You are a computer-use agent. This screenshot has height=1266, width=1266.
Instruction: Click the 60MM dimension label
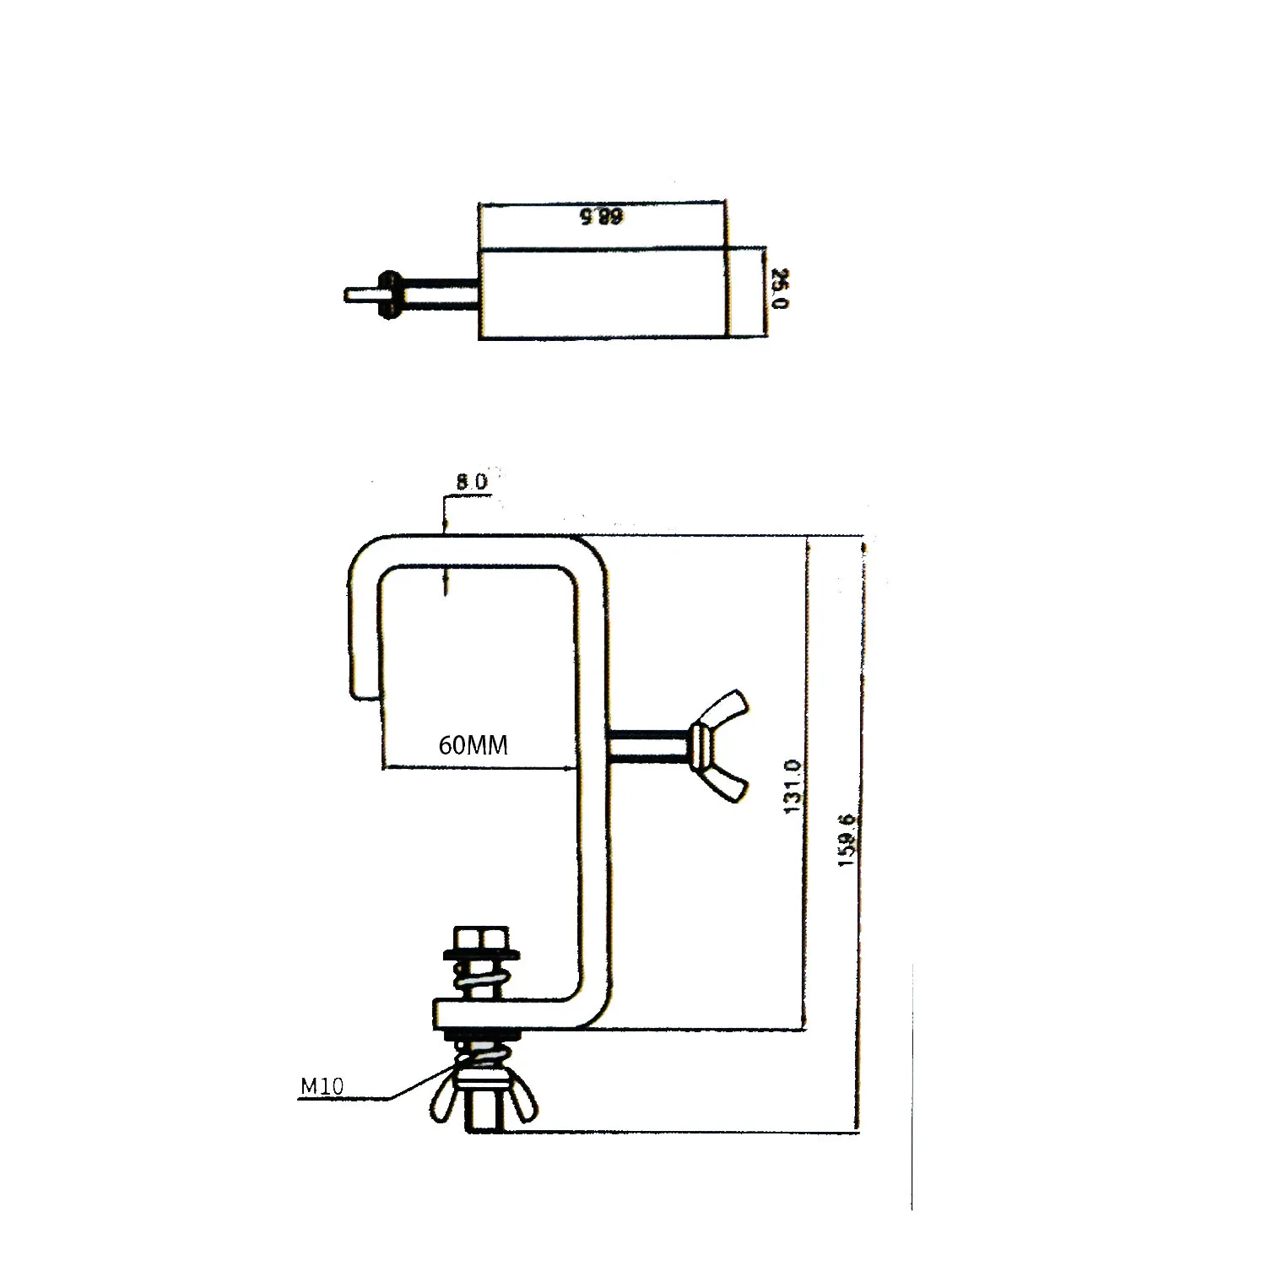[473, 745]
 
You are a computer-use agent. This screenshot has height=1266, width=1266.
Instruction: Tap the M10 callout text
[322, 1086]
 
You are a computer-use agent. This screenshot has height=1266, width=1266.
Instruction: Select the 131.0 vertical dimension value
[793, 786]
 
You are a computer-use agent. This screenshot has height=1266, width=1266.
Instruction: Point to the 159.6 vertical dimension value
[849, 839]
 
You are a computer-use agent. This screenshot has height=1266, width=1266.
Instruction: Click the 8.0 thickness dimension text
[472, 482]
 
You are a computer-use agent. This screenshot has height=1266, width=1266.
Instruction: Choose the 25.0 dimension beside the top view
[781, 289]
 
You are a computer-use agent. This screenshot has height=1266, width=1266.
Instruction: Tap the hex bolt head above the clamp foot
[481, 938]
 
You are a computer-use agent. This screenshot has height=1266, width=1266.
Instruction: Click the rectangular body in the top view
[602, 294]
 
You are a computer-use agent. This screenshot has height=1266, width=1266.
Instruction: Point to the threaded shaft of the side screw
[647, 748]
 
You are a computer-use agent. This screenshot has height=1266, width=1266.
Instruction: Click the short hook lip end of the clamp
[364, 667]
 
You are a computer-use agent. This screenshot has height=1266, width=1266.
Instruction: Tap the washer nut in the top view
[389, 295]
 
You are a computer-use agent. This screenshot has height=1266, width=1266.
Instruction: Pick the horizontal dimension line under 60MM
[473, 768]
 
